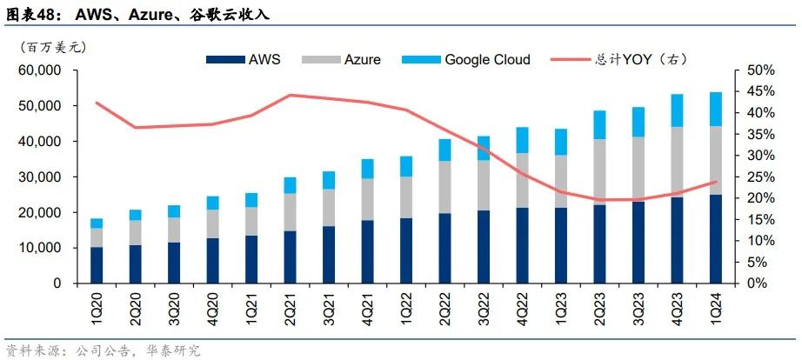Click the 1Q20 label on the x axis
[97, 310]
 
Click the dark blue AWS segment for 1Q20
[97, 265]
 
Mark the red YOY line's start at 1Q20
[97, 103]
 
